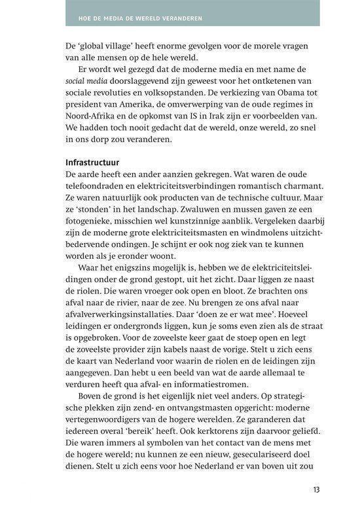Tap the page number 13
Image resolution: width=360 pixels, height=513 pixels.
point(317,489)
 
